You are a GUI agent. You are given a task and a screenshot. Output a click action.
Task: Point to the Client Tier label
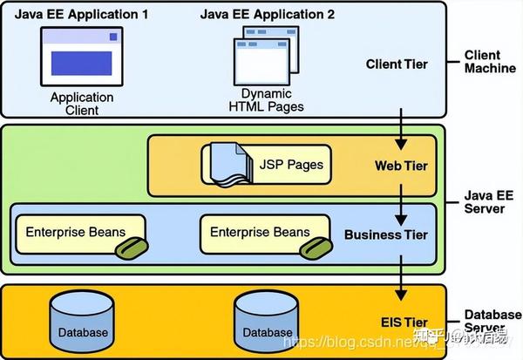pyautogui.click(x=397, y=64)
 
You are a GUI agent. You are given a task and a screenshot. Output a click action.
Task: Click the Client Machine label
pyautogui.click(x=489, y=62)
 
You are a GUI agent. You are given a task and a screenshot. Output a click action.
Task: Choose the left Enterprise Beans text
pyautogui.click(x=75, y=232)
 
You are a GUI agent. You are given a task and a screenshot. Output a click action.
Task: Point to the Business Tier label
pyautogui.click(x=386, y=234)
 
